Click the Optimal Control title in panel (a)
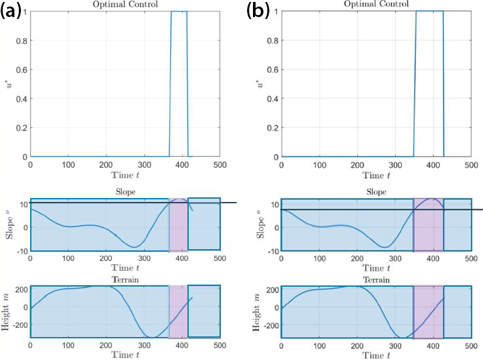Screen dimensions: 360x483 (125, 4)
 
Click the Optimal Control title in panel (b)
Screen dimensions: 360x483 (376, 4)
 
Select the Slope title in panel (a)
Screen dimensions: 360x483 (125, 192)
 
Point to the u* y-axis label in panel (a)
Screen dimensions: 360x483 (8, 84)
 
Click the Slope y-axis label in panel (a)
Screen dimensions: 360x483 (8, 225)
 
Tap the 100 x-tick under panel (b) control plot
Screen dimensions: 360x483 (319, 165)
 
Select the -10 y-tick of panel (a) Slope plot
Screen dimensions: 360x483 (21, 251)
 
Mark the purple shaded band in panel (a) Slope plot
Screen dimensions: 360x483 (178, 225)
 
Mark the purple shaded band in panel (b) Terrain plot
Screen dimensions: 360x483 (428, 311)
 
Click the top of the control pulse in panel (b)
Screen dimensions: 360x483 (429, 11)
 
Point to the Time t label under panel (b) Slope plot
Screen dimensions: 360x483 (376, 269)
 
